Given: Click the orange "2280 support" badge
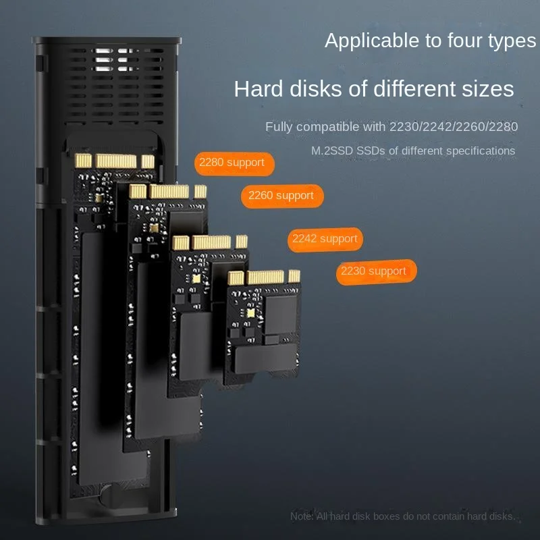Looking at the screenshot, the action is click(x=234, y=164).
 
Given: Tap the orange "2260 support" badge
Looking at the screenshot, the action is click(x=282, y=196).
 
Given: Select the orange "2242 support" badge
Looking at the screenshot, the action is click(x=325, y=240).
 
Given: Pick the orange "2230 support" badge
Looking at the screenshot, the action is click(x=377, y=272).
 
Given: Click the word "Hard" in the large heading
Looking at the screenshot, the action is click(x=259, y=88).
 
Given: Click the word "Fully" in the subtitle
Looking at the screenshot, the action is click(x=279, y=127).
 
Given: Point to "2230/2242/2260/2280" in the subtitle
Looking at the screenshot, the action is click(x=454, y=127).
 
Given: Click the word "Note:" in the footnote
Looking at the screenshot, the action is click(x=302, y=516).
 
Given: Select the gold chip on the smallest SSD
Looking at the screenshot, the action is click(x=250, y=313).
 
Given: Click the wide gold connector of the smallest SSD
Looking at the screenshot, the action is click(x=265, y=277).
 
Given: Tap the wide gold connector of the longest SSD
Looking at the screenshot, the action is click(x=116, y=161).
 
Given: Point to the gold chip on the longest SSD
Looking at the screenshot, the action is click(x=99, y=198).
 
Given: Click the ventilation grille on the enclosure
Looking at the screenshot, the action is click(x=113, y=86).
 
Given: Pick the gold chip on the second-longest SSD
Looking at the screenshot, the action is click(x=154, y=228).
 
